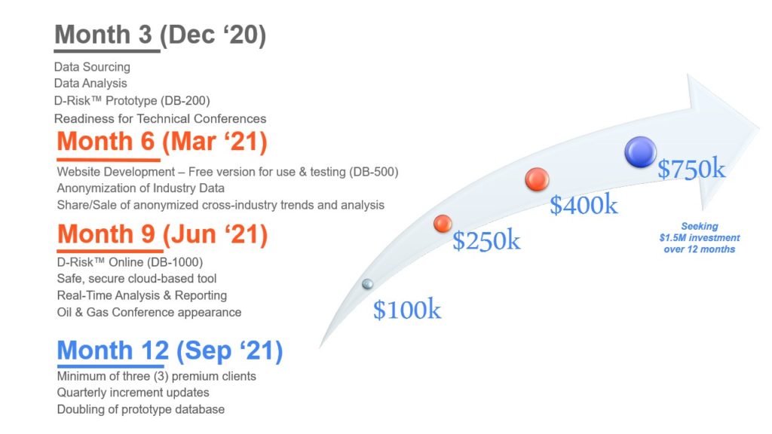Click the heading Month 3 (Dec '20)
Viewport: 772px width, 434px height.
click(x=160, y=35)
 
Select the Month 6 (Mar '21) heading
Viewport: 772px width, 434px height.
click(x=162, y=142)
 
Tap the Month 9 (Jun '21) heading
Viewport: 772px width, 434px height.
click(x=163, y=234)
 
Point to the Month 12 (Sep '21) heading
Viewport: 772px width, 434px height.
click(x=170, y=351)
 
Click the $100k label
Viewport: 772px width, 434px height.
click(x=406, y=310)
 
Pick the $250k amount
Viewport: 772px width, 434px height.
click(x=486, y=240)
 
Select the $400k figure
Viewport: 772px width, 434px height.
click(x=584, y=205)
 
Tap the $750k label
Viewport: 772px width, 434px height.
click(x=691, y=170)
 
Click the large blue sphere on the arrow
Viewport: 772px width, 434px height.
click(x=641, y=151)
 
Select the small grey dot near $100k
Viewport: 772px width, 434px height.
click(x=367, y=284)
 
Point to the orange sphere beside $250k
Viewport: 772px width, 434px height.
click(x=443, y=223)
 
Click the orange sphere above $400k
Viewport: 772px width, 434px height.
click(x=537, y=179)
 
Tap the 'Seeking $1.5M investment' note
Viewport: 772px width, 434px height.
click(x=699, y=237)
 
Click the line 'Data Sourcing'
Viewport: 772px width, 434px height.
click(x=92, y=67)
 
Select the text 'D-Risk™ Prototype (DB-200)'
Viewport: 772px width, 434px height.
click(x=132, y=101)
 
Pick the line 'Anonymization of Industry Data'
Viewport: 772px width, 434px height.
click(x=141, y=188)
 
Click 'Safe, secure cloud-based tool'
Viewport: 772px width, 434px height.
click(x=137, y=279)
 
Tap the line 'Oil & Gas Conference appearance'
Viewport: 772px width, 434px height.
click(x=149, y=313)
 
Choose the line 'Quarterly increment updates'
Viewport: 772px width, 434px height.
click(x=133, y=393)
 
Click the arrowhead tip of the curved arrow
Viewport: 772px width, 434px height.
click(x=758, y=126)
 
